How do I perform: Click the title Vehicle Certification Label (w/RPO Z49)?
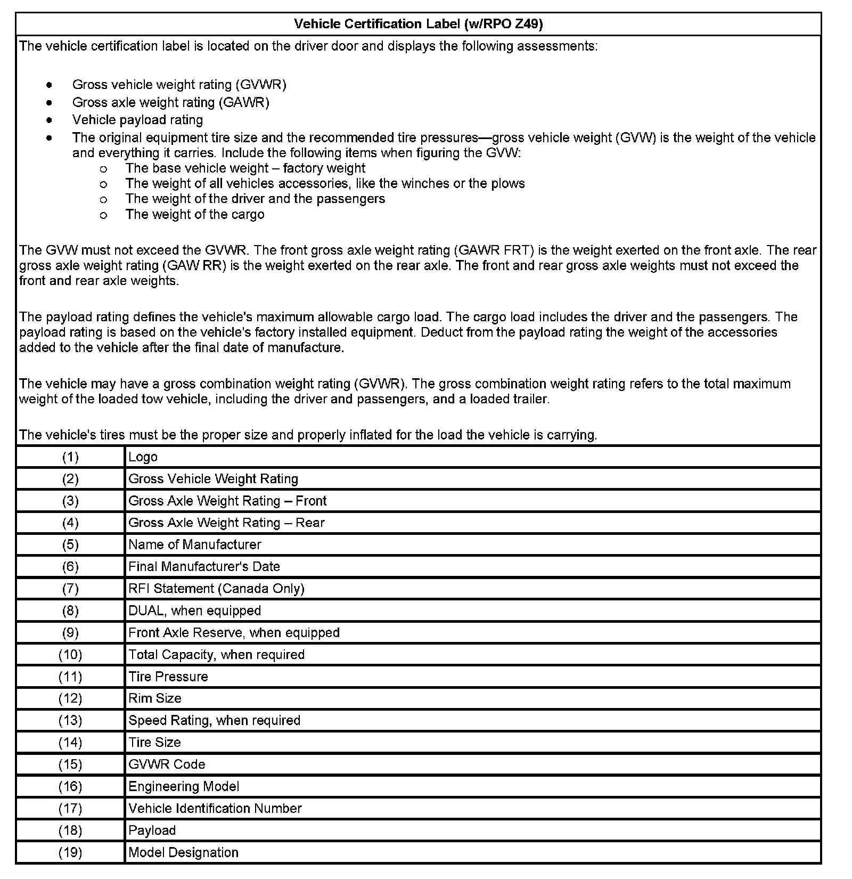pyautogui.click(x=418, y=24)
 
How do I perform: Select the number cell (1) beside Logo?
pyautogui.click(x=70, y=457)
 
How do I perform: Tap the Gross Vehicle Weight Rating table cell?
pyautogui.click(x=213, y=479)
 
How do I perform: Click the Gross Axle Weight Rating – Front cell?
pyautogui.click(x=227, y=501)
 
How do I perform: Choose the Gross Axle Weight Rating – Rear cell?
pyautogui.click(x=226, y=523)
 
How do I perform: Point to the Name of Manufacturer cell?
pyautogui.click(x=195, y=544)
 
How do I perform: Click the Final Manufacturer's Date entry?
pyautogui.click(x=204, y=566)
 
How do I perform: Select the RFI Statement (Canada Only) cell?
pyautogui.click(x=216, y=589)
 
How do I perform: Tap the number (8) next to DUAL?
pyautogui.click(x=70, y=611)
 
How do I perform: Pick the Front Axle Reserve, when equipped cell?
pyautogui.click(x=234, y=632)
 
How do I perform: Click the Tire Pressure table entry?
pyautogui.click(x=168, y=677)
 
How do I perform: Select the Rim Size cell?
pyautogui.click(x=155, y=698)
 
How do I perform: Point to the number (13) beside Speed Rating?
pyautogui.click(x=70, y=720)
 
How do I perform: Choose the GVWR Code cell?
pyautogui.click(x=167, y=764)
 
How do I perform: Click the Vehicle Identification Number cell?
pyautogui.click(x=215, y=808)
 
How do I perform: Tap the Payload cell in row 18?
pyautogui.click(x=152, y=831)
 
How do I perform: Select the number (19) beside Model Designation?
pyautogui.click(x=70, y=852)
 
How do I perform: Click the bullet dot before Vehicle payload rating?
pyautogui.click(x=49, y=120)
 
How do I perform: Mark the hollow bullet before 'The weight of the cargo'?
pyautogui.click(x=103, y=215)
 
